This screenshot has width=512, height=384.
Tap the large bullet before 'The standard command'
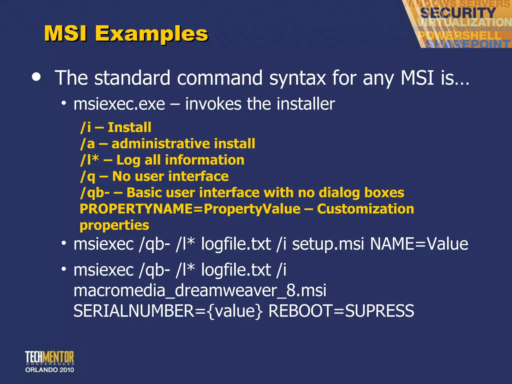coord(36,77)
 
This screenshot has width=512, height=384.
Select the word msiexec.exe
coord(119,104)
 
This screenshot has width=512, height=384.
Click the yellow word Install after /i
coord(129,127)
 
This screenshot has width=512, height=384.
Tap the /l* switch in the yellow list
coord(89,160)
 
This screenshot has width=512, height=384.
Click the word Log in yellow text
coord(128,160)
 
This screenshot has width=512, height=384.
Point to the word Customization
coord(365,209)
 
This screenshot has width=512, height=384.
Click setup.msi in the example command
coord(328,244)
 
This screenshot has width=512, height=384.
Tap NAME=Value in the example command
coord(419,244)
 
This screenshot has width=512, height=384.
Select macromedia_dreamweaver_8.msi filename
coord(200,290)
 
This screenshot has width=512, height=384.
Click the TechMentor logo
coord(49,361)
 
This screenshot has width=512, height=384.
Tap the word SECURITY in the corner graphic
coord(458,13)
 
